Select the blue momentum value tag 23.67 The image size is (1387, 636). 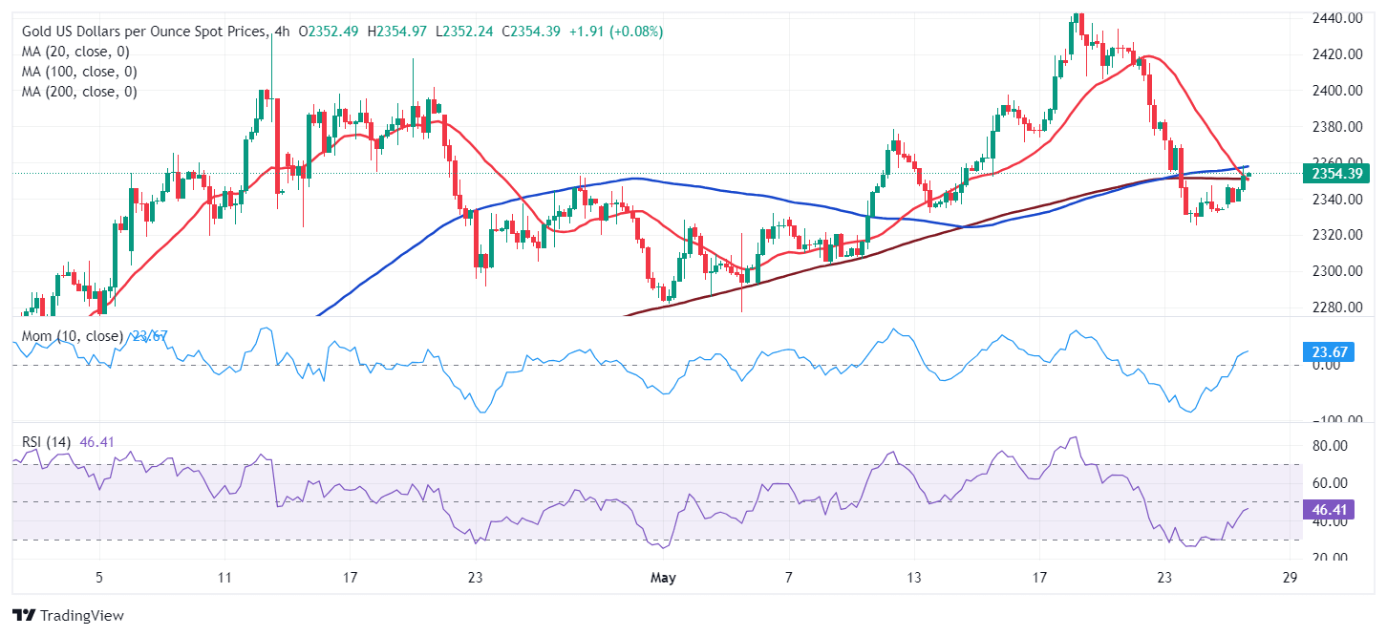coord(1329,353)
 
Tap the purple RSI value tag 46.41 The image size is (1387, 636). coord(1329,510)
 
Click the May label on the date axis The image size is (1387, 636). coord(664,578)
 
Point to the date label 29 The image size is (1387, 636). coord(1289,578)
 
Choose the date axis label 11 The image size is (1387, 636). coord(224,578)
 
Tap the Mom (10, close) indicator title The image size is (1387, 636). coord(72,336)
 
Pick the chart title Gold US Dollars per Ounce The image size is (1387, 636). coord(143,32)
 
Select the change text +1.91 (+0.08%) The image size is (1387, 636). coord(615,32)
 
